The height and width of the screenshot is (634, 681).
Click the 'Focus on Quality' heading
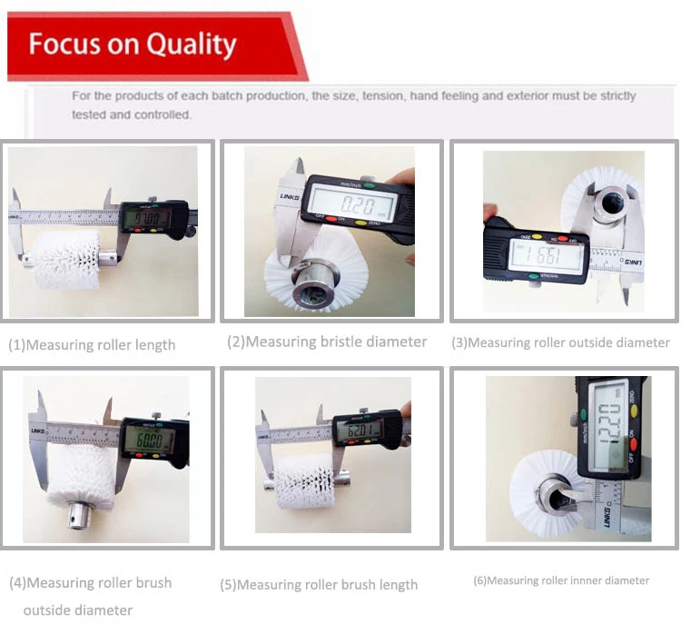click(x=133, y=45)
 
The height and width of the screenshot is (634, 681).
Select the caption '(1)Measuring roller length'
click(x=92, y=345)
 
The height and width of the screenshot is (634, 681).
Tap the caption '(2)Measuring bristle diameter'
click(x=327, y=342)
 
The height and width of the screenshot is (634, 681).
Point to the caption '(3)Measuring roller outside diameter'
click(x=560, y=342)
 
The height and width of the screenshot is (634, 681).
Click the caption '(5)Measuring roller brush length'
click(x=319, y=585)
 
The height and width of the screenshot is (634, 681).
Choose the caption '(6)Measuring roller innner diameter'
click(x=560, y=580)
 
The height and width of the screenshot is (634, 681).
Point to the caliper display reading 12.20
click(x=613, y=423)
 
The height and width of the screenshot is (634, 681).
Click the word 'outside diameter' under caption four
click(x=77, y=609)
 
